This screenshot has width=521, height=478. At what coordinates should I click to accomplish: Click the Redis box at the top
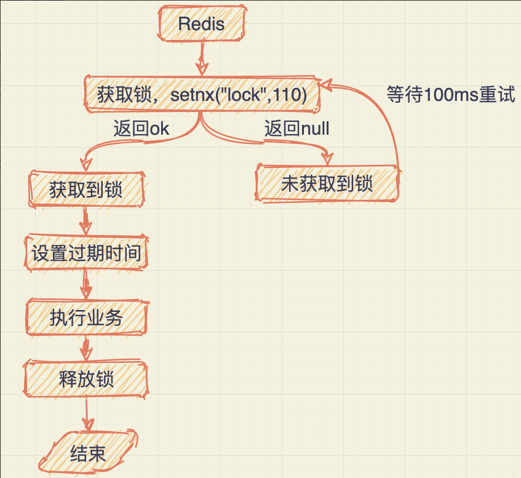coord(201,25)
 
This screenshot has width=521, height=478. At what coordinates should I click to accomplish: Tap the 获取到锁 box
coord(86,189)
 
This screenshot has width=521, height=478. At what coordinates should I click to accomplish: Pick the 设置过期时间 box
coord(87,253)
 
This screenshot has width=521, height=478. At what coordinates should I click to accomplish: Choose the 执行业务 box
coord(86,318)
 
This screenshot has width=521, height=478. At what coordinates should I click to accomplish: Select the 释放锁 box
coord(86,379)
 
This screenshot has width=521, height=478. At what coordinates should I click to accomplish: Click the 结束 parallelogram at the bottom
coord(88,454)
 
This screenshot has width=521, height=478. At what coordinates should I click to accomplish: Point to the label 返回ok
coord(141,129)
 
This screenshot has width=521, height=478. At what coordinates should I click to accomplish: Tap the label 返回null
coord(296,129)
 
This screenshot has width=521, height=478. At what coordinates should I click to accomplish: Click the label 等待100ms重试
coord(450,95)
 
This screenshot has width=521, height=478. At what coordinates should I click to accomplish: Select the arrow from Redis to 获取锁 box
coord(201,59)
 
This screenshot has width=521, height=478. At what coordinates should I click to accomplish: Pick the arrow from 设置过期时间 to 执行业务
coord(86,285)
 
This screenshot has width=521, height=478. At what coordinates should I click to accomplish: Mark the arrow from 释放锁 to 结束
coord(87,415)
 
